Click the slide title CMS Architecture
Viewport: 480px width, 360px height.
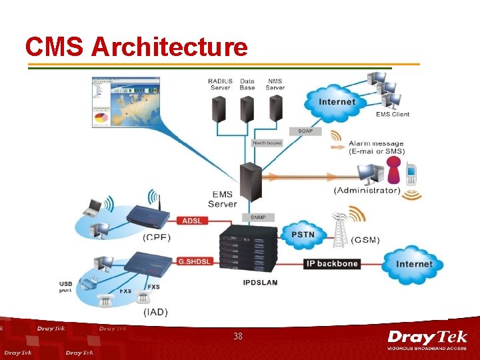point(136,47)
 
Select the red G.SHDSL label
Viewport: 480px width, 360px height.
point(194,262)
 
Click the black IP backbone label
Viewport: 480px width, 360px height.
point(332,263)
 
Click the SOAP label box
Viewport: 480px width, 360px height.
point(304,131)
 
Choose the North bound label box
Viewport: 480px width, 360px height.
point(267,143)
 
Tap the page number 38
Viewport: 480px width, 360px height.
point(238,337)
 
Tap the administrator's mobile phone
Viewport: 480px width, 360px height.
point(411,175)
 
